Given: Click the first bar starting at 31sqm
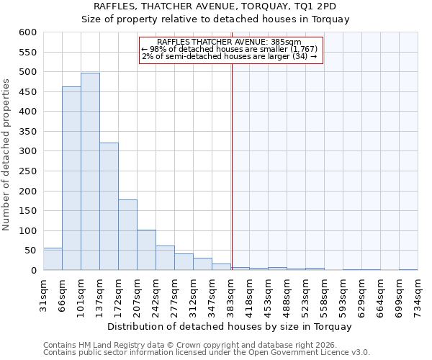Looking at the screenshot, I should [53, 259].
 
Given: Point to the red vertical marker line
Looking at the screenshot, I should [232, 158].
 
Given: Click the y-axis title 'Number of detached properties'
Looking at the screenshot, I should [7, 155].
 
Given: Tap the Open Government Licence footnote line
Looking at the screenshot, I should [207, 353].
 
